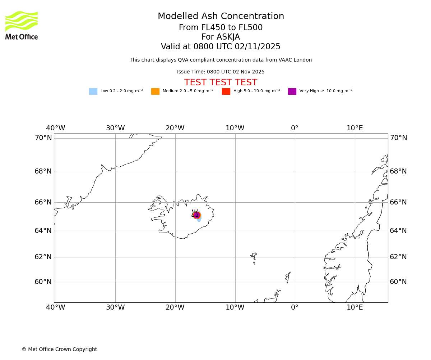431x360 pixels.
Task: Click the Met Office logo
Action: (22, 25)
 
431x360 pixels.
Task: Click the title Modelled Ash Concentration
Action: (221, 17)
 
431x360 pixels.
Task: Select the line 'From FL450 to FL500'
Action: (221, 28)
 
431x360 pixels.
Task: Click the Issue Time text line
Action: (221, 72)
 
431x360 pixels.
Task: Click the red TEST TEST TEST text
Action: (221, 83)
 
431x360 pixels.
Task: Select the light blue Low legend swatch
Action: (93, 91)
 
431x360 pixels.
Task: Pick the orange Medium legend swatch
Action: (155, 91)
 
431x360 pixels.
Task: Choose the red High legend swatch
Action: (226, 91)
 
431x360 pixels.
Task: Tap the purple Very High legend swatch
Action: (292, 91)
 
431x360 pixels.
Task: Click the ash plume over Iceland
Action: (197, 215)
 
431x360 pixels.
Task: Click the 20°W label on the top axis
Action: (175, 129)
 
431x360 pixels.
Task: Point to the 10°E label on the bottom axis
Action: (354, 307)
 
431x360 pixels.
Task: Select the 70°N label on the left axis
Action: (43, 138)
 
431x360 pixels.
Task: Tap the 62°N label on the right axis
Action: (398, 257)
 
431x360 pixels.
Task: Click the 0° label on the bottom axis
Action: (295, 307)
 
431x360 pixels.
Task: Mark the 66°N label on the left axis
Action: (43, 202)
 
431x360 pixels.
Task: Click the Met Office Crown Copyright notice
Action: (59, 350)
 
